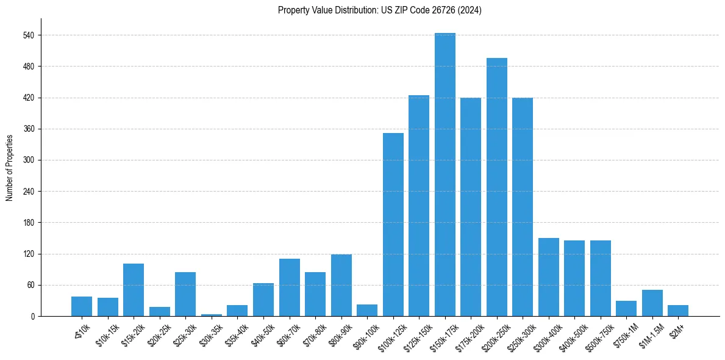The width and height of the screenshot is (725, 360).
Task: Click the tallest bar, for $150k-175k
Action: pos(445,175)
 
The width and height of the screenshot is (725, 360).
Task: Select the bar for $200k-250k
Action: pos(496,187)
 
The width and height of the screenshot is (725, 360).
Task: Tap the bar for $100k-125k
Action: pos(393,225)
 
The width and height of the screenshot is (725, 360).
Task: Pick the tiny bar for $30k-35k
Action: pos(212,315)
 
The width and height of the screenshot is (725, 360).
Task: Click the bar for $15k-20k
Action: pos(134,290)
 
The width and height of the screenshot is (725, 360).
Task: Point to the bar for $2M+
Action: pos(677,311)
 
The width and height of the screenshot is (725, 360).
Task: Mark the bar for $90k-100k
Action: pos(367,310)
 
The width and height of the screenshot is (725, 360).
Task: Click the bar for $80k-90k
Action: pos(341,285)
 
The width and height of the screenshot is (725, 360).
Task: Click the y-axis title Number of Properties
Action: pos(9,167)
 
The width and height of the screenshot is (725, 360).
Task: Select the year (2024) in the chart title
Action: pos(471,10)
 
